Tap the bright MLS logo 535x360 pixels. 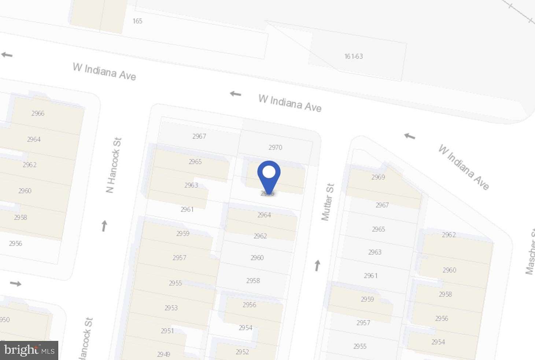pyautogui.click(x=29, y=350)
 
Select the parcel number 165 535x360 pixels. pyautogui.click(x=137, y=21)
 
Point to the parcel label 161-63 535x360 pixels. pyautogui.click(x=354, y=56)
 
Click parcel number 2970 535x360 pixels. pyautogui.click(x=275, y=147)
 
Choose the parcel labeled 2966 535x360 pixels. pyautogui.click(x=38, y=113)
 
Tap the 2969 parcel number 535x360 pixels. pyautogui.click(x=378, y=177)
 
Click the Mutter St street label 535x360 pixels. pyautogui.click(x=328, y=202)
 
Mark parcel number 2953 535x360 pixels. pyautogui.click(x=171, y=308)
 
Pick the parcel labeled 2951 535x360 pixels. pyautogui.click(x=167, y=331)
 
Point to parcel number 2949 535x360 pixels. pyautogui.click(x=163, y=354)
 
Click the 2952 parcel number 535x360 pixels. pyautogui.click(x=242, y=352)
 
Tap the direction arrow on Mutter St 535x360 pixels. pyautogui.click(x=317, y=265)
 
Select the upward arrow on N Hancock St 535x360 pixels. pyautogui.click(x=104, y=226)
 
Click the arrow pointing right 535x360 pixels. pyautogui.click(x=16, y=283)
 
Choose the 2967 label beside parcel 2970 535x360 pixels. pyautogui.click(x=199, y=136)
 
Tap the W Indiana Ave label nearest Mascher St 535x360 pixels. pyautogui.click(x=464, y=168)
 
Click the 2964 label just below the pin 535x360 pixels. pyautogui.click(x=264, y=215)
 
